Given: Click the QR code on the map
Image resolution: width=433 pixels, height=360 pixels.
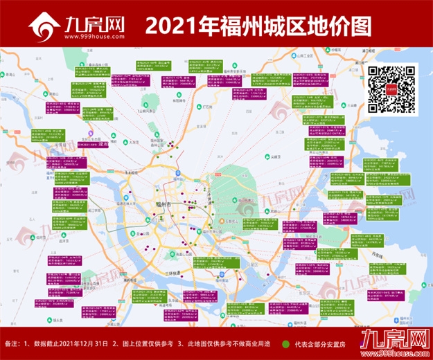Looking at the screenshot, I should click(391, 89).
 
